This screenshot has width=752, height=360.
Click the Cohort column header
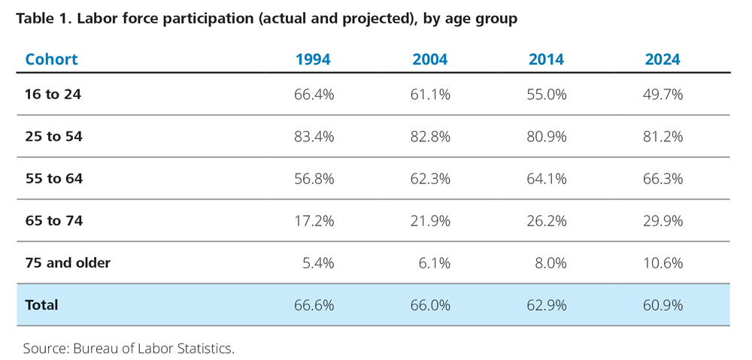pos(51,59)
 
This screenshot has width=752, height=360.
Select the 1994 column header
pos(313,59)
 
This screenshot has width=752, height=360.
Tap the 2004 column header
pos(429,59)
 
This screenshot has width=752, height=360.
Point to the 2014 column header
pos(546,59)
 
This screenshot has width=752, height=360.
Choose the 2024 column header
pos(663,59)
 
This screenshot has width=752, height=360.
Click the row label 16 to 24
pos(53,95)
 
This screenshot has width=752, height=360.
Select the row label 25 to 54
pos(53,137)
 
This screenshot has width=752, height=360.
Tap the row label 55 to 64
pos(53,179)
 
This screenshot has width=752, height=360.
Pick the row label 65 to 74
pos(53,221)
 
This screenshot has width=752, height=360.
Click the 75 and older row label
pos(68,263)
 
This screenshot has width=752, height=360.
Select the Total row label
pos(41,305)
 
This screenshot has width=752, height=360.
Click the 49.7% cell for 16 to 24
pos(663,95)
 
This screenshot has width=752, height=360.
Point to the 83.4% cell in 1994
pos(314,137)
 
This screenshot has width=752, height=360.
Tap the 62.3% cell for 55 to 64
pos(430,179)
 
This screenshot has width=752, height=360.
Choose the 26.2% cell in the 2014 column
pos(547,221)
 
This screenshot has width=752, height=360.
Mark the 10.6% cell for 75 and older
pos(663,263)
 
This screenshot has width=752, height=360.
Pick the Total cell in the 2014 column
pos(547,305)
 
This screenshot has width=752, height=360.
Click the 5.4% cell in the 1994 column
pos(317,263)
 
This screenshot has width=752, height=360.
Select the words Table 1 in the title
pos(41,19)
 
